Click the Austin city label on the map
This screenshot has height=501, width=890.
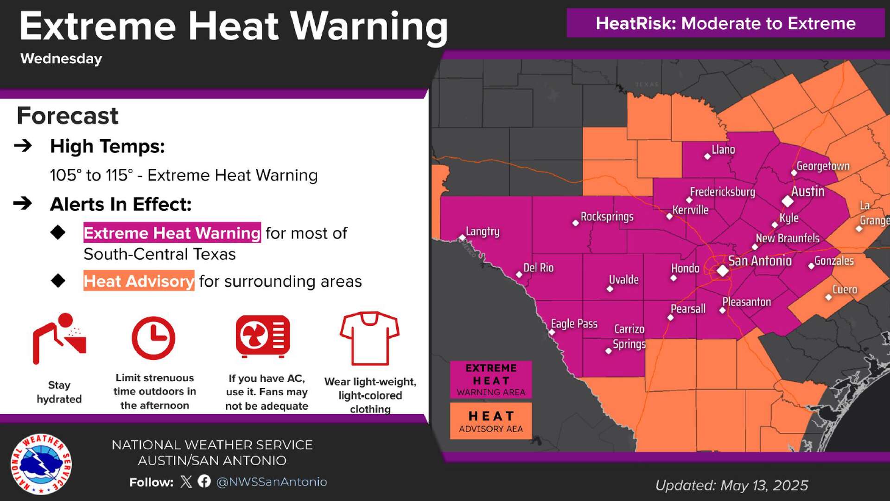807,192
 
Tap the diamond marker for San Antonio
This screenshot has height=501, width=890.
722,270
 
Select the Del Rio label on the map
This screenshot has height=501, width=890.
538,268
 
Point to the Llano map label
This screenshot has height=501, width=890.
723,150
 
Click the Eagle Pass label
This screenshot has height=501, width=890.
574,324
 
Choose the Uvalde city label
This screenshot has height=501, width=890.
623,280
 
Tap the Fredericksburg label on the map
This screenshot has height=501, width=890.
722,192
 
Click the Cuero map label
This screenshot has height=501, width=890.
845,289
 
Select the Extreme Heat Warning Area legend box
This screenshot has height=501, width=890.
491,380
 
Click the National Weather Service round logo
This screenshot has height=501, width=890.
41,464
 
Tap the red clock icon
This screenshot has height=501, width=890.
153,338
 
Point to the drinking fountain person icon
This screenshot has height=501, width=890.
59,338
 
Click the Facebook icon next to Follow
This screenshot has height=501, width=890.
204,482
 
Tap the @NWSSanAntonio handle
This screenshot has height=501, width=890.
272,482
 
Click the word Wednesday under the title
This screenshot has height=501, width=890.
61,59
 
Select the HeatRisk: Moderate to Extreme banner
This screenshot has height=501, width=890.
725,23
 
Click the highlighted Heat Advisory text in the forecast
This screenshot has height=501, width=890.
139,281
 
